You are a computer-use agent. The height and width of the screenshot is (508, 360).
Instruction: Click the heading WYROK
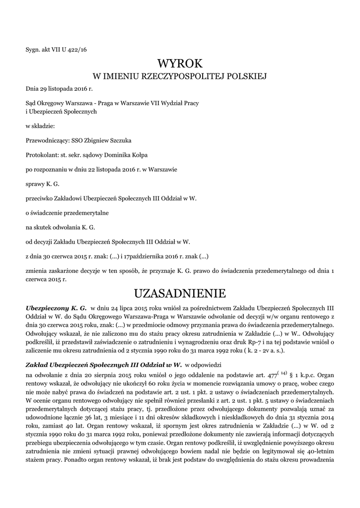click(x=180, y=63)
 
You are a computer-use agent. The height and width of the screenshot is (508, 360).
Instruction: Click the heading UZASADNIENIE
click(x=180, y=293)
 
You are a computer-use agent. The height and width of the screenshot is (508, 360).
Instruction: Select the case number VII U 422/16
click(x=69, y=49)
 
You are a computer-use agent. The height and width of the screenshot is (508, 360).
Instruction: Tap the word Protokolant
click(x=41, y=155)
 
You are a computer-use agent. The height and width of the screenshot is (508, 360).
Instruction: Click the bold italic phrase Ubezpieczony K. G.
click(x=56, y=308)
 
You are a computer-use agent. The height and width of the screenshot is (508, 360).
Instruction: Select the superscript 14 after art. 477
click(x=284, y=373)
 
